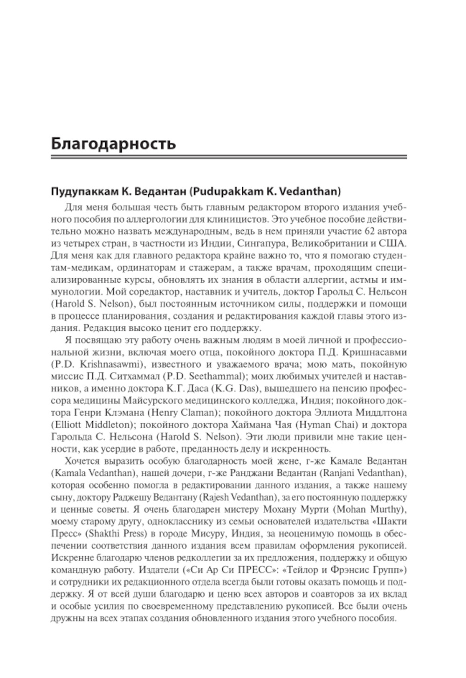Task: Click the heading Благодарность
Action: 113,143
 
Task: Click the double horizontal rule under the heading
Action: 228,158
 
